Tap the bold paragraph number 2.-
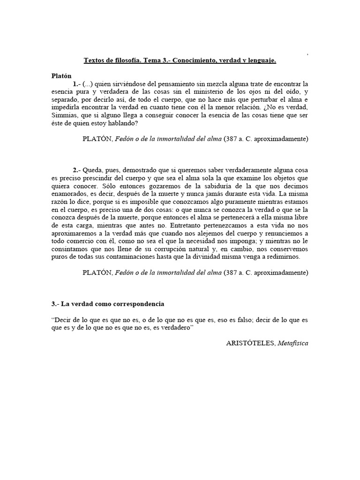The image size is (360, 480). tap(77, 170)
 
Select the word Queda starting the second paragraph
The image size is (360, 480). tap(95, 170)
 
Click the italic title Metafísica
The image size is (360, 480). tap(293, 343)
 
